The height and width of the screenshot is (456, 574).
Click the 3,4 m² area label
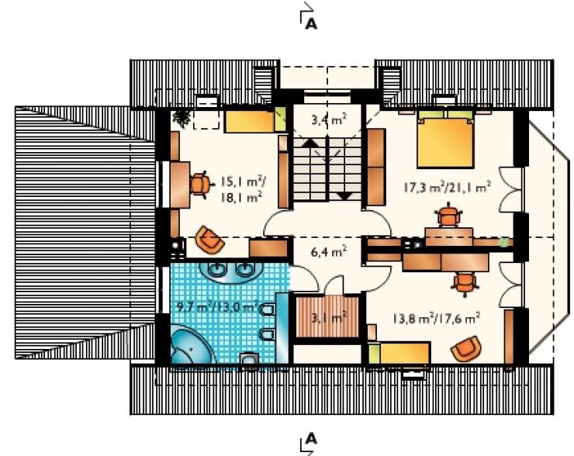click(329, 119)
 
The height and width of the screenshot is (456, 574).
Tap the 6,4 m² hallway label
click(329, 252)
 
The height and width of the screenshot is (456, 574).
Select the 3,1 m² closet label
click(329, 317)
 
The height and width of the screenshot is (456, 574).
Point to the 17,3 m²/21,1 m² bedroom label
click(447, 187)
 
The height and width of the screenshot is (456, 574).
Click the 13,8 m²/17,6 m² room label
click(437, 318)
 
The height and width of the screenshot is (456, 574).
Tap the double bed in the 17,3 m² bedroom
click(445, 138)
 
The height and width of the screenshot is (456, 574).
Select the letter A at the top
click(311, 24)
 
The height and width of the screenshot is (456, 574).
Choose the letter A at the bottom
click(311, 438)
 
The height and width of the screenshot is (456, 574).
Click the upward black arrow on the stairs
click(310, 143)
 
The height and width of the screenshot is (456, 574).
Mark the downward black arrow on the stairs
click(344, 195)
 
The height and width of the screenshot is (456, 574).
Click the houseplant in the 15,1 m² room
click(181, 117)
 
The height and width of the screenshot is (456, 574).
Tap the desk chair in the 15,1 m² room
click(200, 185)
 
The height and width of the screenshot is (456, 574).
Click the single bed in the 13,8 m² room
click(399, 353)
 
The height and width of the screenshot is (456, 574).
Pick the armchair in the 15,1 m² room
click(209, 240)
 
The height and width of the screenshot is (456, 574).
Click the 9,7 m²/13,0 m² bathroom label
click(219, 306)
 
